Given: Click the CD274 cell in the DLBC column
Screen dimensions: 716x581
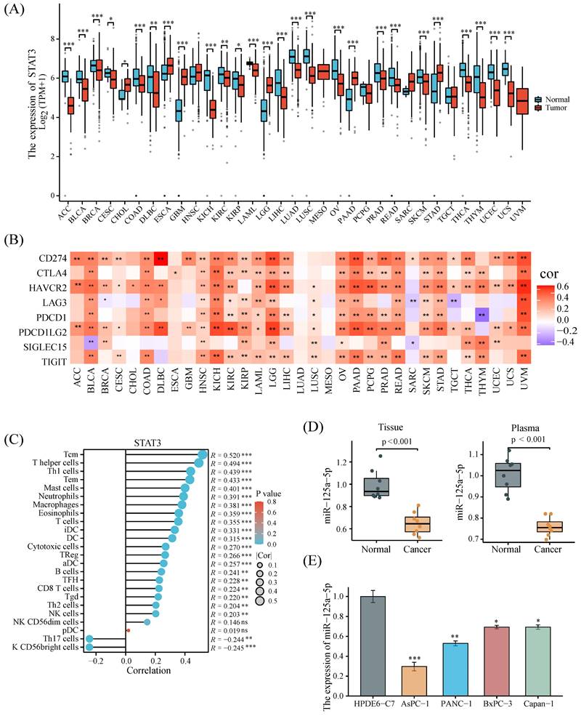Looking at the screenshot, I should point(161,258).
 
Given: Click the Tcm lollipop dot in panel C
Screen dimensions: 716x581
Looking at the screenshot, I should point(202,456).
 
